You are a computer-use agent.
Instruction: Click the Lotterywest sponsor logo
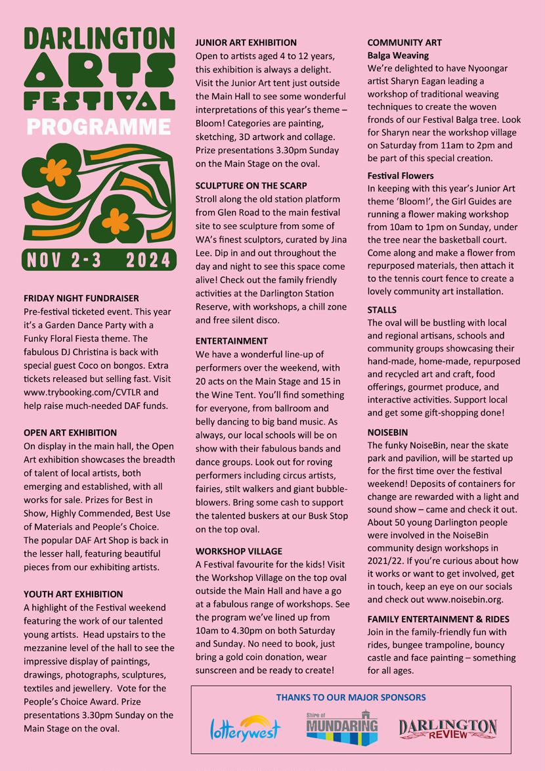(245, 728)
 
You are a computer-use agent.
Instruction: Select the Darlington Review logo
(448, 728)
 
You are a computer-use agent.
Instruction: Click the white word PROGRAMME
(99, 127)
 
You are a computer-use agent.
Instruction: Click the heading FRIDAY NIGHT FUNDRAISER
(81, 298)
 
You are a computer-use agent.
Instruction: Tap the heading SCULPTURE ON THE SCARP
(251, 186)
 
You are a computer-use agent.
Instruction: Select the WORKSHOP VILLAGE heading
(239, 551)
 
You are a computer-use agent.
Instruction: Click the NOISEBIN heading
(387, 432)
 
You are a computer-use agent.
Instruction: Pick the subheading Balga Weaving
(398, 55)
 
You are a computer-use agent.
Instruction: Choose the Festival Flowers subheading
(401, 175)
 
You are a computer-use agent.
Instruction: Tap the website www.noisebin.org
(465, 599)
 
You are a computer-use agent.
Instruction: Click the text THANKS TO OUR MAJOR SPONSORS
(351, 697)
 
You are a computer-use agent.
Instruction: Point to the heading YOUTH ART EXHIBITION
(74, 594)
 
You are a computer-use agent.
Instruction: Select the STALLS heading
(382, 310)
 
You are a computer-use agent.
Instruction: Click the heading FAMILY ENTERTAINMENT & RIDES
(438, 619)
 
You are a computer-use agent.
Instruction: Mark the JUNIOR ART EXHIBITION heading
(246, 43)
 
